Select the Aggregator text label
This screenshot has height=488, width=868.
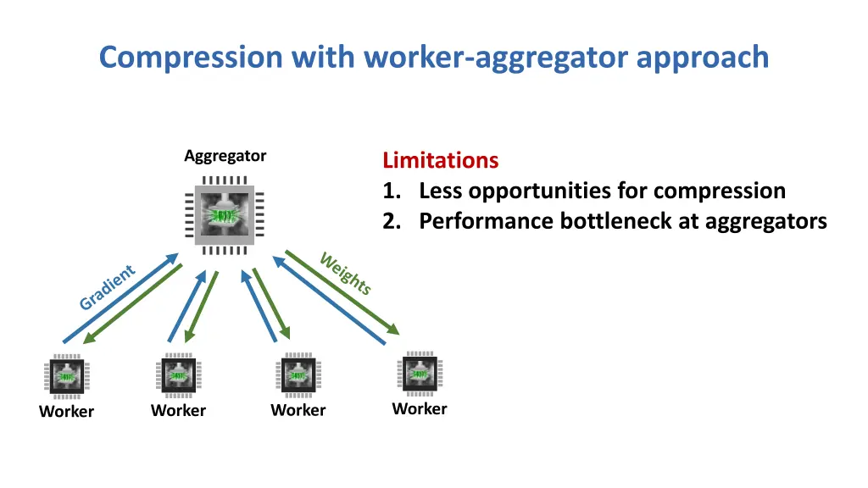225,156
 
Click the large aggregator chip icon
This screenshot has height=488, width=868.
225,215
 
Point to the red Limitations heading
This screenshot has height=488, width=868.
440,160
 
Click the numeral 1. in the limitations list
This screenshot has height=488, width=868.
393,191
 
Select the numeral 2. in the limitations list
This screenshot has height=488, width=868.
393,221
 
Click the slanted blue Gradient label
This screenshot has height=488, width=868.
107,288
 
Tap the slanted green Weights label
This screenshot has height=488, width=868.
346,273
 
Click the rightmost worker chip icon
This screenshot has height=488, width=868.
419,373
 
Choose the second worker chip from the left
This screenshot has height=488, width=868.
178,374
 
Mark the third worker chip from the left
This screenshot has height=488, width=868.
298,374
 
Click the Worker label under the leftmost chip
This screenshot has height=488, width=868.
66,412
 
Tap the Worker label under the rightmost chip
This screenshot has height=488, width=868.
419,409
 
